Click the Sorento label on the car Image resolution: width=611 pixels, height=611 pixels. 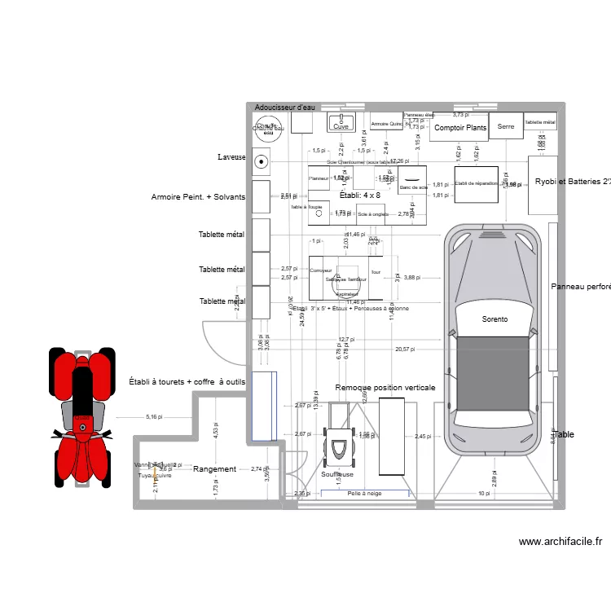point(494,319)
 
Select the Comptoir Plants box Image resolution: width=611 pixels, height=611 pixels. point(459,127)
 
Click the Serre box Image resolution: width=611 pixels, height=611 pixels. point(506,126)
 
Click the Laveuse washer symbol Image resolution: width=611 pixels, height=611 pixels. point(262,162)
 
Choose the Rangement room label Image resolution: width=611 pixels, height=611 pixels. point(214,469)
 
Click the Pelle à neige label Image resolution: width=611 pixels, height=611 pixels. point(364,494)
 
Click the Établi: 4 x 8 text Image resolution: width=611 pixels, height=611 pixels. point(359,196)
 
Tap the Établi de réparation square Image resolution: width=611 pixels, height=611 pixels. point(476,184)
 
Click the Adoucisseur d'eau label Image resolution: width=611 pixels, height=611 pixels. point(284,108)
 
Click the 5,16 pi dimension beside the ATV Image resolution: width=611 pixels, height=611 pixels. point(154,417)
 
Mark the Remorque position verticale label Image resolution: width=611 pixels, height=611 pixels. point(385,389)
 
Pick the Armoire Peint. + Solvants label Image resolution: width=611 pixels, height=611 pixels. point(198,197)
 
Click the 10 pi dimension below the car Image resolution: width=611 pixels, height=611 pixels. point(484,494)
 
